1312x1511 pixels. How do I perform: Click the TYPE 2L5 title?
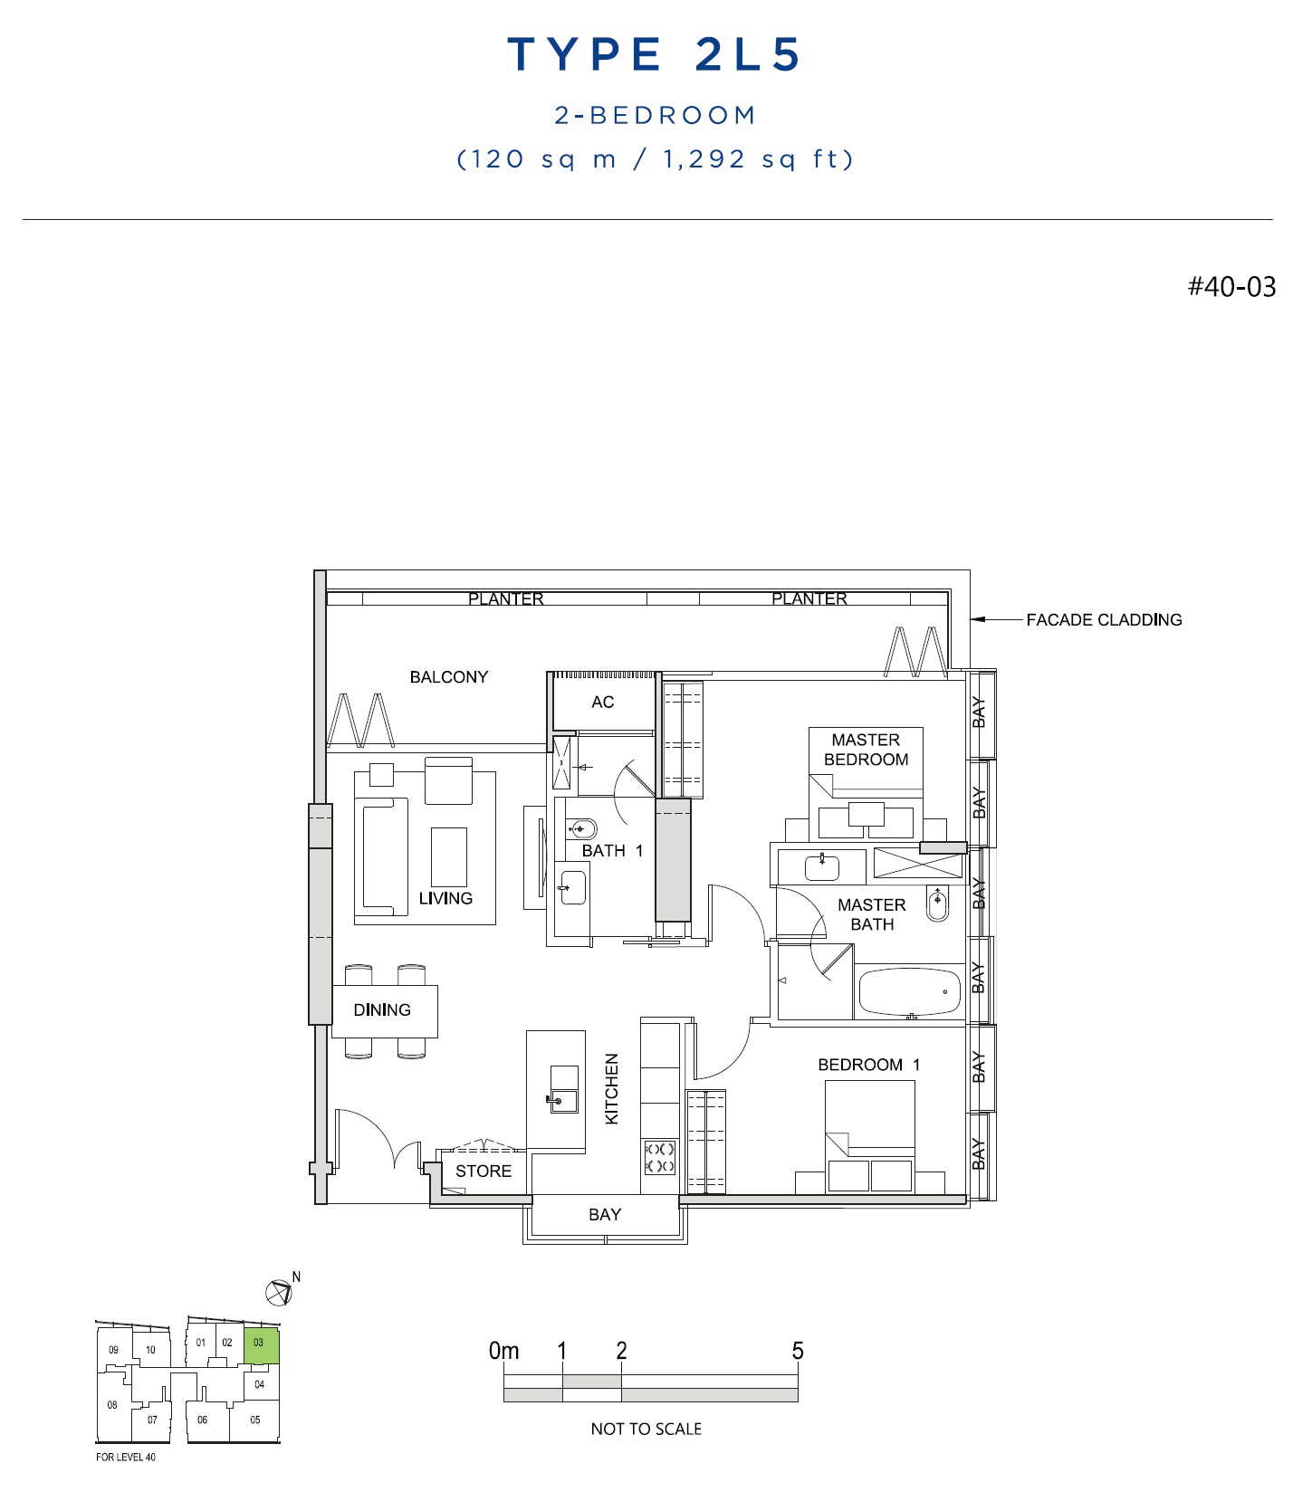(655, 54)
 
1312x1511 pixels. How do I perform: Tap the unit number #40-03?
(1231, 287)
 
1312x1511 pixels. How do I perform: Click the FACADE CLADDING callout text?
(1104, 620)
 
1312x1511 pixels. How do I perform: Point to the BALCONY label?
(448, 677)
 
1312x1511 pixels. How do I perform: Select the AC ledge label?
(602, 702)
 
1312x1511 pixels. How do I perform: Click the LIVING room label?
(445, 898)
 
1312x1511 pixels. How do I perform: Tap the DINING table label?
(382, 1009)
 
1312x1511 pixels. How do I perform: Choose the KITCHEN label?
(612, 1088)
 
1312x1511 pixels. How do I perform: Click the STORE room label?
(484, 1172)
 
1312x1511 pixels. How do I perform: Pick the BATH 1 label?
(612, 851)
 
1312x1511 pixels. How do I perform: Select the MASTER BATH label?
(872, 914)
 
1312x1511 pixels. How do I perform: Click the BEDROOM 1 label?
(869, 1065)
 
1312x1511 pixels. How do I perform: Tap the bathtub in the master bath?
(909, 993)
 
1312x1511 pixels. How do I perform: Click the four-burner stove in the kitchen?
(659, 1157)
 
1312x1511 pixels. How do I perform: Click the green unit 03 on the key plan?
(261, 1346)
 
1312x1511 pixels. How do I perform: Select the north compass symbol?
(280, 1292)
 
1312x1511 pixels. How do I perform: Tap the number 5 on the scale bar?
(798, 1351)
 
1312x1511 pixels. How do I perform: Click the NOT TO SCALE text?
(646, 1429)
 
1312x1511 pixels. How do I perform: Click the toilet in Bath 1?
(580, 828)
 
